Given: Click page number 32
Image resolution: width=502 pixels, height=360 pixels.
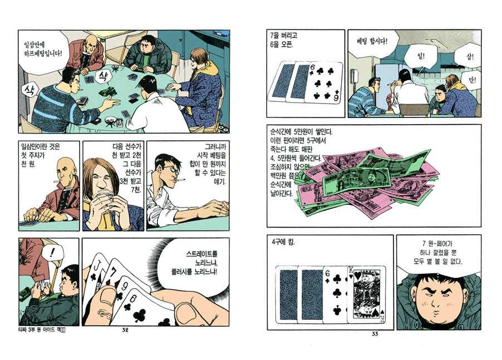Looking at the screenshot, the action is pyautogui.click(x=125, y=331).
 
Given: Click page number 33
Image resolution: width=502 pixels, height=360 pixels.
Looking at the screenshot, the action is pyautogui.click(x=375, y=334).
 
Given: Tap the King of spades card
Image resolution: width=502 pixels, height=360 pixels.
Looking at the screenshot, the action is pyautogui.click(x=367, y=294).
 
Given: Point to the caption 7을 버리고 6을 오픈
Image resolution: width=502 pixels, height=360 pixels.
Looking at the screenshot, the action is pyautogui.click(x=284, y=40).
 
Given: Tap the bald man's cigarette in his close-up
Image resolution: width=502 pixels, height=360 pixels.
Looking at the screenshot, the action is pyautogui.click(x=56, y=182).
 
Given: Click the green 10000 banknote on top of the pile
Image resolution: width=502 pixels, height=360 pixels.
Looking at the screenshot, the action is pyautogui.click(x=357, y=181).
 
